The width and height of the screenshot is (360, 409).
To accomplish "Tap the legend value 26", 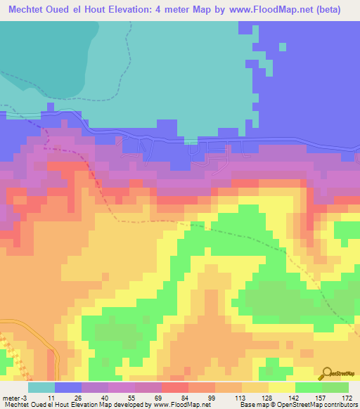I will tap(67, 397).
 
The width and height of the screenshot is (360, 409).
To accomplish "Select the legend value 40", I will tap(94, 397).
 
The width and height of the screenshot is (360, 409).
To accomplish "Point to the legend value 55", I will tap(121, 397).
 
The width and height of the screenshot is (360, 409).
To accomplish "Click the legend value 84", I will tap(174, 397).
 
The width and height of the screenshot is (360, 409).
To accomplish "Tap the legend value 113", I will tap(229, 397).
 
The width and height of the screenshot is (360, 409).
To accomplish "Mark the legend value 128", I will tap(255, 397).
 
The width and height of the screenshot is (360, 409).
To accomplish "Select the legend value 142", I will tap(282, 397).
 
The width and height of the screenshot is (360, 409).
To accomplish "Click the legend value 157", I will tap(309, 397).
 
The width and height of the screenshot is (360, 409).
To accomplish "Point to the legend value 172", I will tap(335, 397).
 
